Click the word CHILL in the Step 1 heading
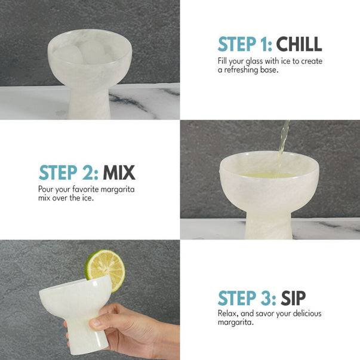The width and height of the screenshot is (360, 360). [x=299, y=44]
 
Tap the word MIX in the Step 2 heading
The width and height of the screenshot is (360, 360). [x=119, y=173]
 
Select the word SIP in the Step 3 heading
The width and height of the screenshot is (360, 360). [x=293, y=299]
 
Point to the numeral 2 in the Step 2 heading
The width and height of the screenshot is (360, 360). [x=87, y=173]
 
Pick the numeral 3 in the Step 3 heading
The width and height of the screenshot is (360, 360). [x=266, y=299]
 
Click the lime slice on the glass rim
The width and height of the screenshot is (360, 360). [x=105, y=270]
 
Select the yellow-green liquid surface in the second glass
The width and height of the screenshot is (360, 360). [x=269, y=175]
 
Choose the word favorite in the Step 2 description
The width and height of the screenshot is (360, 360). [x=85, y=189]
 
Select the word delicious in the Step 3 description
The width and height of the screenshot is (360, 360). [x=307, y=313]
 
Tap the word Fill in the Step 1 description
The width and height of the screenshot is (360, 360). [x=222, y=61]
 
